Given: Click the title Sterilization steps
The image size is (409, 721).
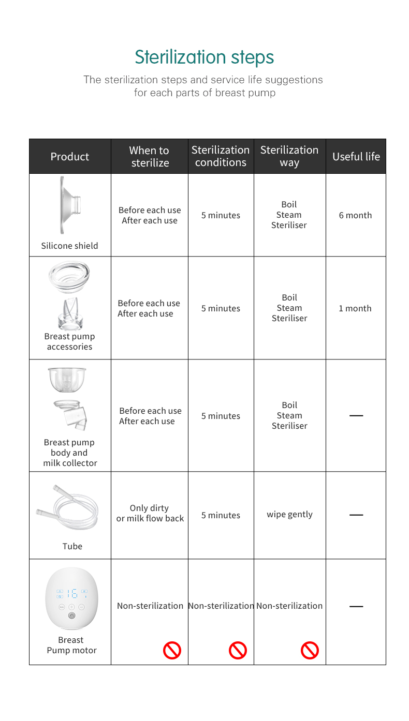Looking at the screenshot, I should pyautogui.click(x=204, y=57).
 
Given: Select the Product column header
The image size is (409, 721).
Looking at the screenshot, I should pyautogui.click(x=70, y=156).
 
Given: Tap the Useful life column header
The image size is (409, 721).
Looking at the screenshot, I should pyautogui.click(x=356, y=156).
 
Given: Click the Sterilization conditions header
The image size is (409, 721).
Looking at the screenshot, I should pyautogui.click(x=221, y=156).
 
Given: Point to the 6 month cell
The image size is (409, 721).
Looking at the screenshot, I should pyautogui.click(x=355, y=215).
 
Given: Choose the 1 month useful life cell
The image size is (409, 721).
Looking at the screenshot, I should pyautogui.click(x=355, y=308).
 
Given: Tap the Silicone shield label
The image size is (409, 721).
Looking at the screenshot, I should pyautogui.click(x=69, y=246).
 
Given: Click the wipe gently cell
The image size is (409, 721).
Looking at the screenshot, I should pyautogui.click(x=289, y=515).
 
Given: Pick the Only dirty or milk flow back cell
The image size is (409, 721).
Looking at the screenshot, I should pyautogui.click(x=150, y=513).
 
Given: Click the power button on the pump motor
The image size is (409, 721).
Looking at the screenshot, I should pyautogui.click(x=71, y=615).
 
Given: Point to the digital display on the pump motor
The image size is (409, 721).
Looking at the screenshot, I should pyautogui.click(x=71, y=593).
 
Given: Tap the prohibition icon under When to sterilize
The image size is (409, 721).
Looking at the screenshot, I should pyautogui.click(x=172, y=650).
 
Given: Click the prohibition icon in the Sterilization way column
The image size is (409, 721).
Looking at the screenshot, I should pyautogui.click(x=310, y=650).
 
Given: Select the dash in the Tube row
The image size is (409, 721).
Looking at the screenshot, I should pyautogui.click(x=356, y=515).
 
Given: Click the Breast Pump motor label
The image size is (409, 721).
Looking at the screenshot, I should pyautogui.click(x=71, y=645).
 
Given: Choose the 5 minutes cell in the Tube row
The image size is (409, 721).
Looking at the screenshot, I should pyautogui.click(x=221, y=515).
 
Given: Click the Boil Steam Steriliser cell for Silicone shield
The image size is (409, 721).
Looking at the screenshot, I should pyautogui.click(x=289, y=215).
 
